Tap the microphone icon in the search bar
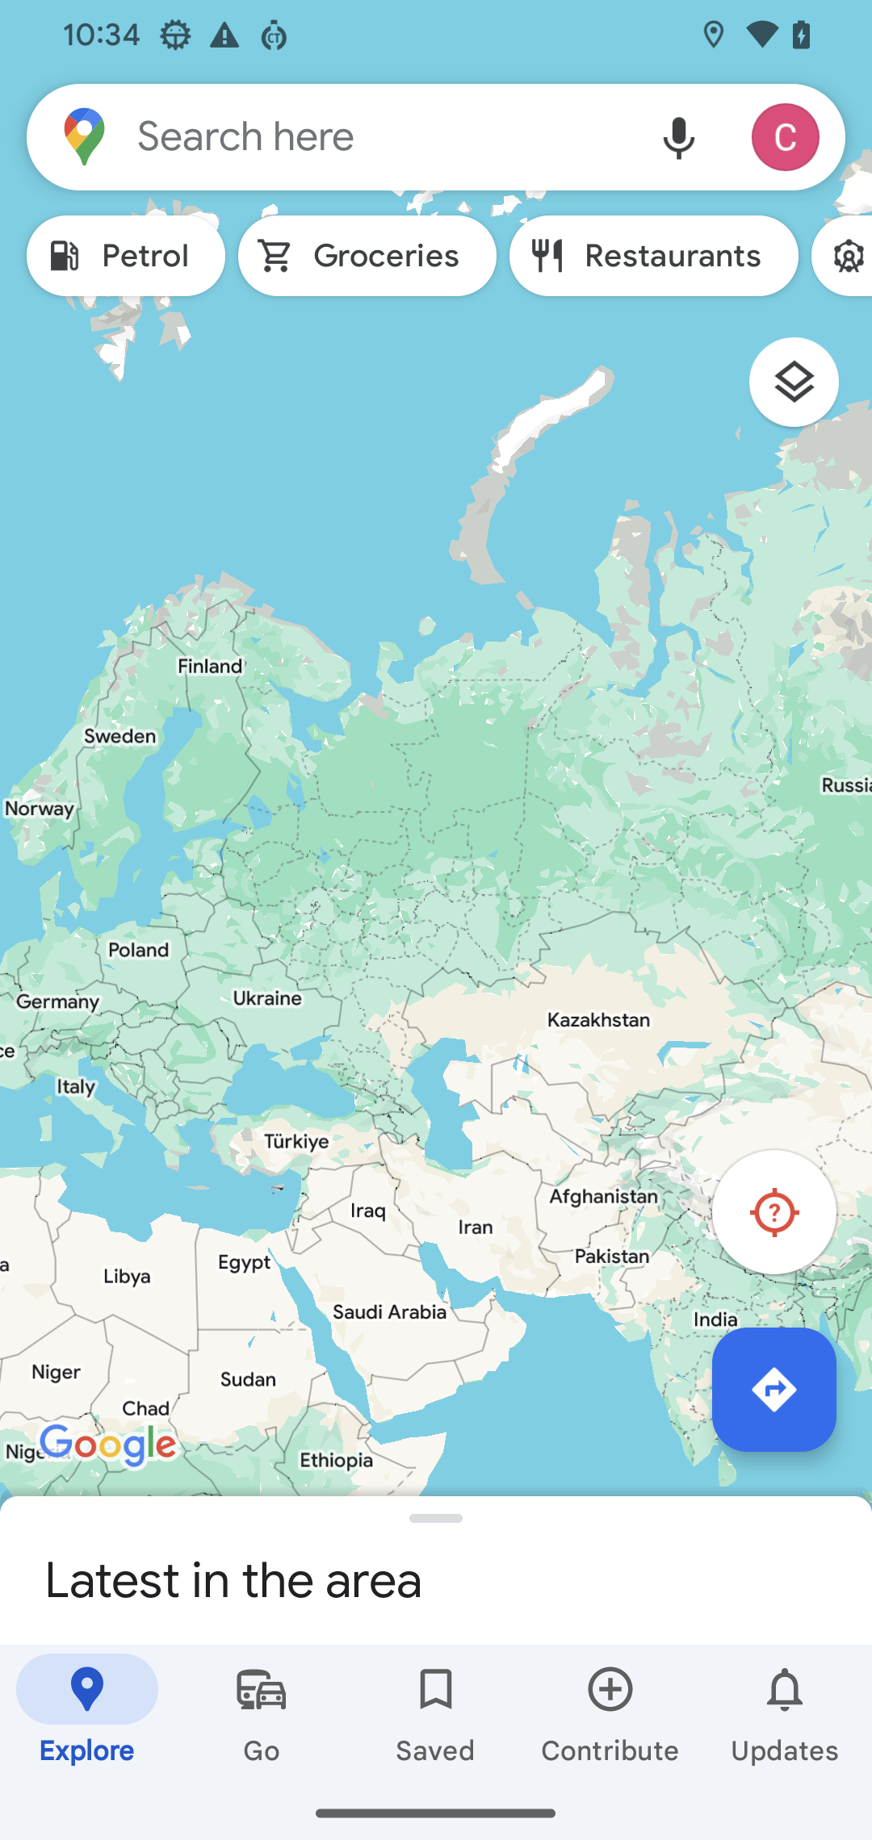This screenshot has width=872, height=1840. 678,137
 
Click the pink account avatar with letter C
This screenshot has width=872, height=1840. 785,137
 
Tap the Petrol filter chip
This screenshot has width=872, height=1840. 126,256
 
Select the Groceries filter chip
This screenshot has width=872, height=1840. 367,256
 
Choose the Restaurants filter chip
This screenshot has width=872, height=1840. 653,256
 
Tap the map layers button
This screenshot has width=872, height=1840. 794,382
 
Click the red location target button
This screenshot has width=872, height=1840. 773,1212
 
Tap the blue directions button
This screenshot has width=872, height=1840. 773,1390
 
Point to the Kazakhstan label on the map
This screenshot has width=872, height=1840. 598,1020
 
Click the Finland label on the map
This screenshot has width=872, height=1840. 210,667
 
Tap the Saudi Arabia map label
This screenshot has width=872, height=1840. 389,1312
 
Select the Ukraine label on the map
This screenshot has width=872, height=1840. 267,998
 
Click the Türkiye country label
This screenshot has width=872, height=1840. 296,1141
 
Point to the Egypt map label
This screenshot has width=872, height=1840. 244,1262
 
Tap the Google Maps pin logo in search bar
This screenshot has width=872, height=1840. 85,137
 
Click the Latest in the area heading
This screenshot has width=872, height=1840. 233,1580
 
